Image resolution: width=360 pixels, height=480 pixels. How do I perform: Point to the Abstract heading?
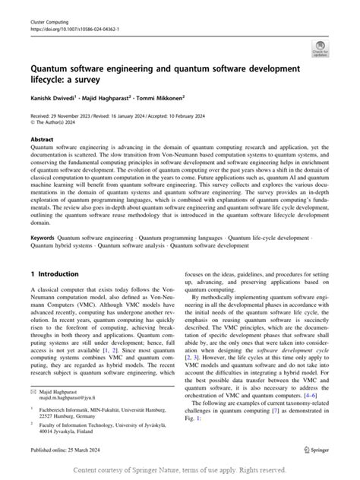(x=42, y=141)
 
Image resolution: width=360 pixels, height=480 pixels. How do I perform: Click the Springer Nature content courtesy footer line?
(x=180, y=470)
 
